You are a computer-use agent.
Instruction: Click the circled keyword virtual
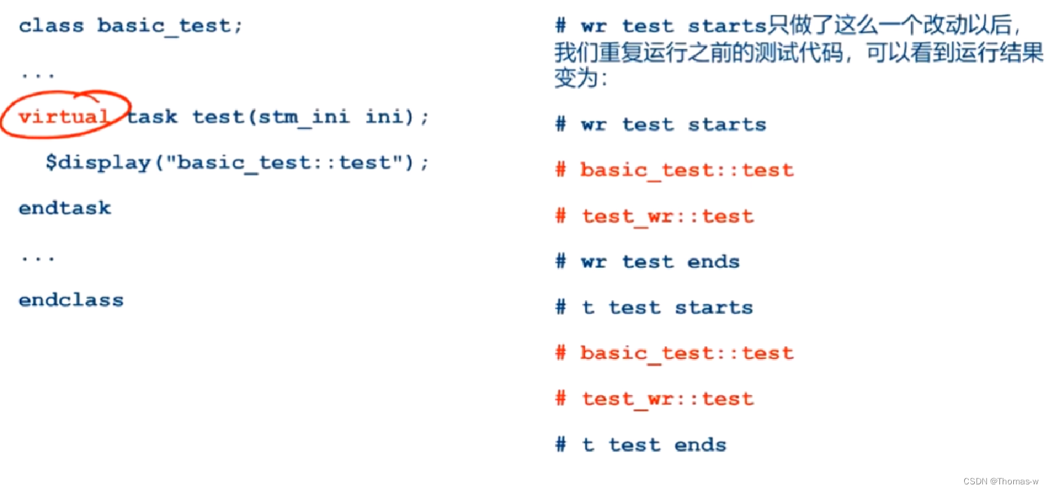click(63, 116)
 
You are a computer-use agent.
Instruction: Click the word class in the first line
click(52, 26)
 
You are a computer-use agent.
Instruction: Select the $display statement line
click(237, 163)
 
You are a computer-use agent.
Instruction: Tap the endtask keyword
click(65, 208)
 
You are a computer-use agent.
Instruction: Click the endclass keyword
click(71, 300)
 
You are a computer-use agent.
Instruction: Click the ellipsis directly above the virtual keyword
click(38, 75)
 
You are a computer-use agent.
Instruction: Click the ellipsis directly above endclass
click(38, 258)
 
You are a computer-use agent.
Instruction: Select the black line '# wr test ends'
click(647, 262)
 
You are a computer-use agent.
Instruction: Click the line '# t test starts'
click(654, 308)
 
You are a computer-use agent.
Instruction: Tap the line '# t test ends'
click(640, 445)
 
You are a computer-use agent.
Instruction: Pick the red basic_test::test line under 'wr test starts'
click(674, 170)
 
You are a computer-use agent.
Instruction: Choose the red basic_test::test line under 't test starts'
click(674, 353)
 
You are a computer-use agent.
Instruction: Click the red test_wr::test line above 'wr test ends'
click(654, 216)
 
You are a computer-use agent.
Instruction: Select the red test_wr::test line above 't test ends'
click(654, 399)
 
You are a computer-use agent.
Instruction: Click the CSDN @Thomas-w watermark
click(1001, 481)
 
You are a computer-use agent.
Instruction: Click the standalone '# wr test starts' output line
click(660, 124)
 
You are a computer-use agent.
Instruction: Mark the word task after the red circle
click(152, 117)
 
